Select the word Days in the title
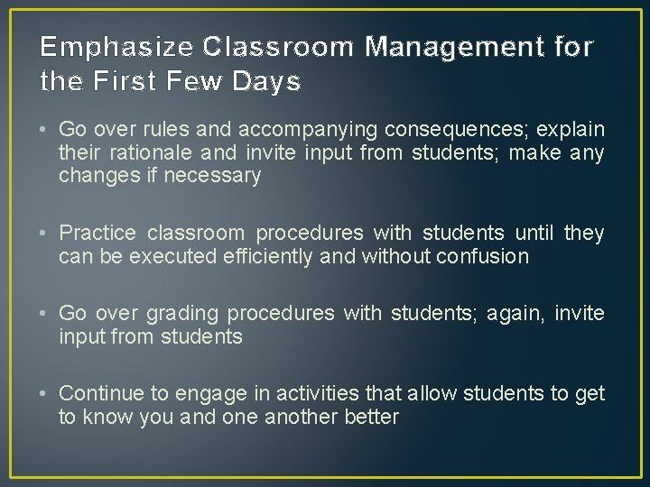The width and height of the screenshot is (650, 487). click(x=267, y=82)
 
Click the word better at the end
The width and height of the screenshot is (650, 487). click(x=370, y=417)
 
